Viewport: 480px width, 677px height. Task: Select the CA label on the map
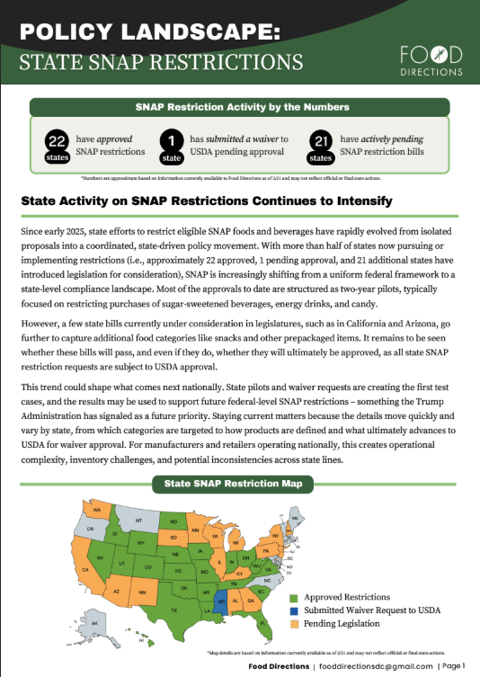coord(85,569)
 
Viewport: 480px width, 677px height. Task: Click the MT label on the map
coord(138,521)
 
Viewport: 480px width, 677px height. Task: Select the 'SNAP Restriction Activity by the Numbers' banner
coord(240,106)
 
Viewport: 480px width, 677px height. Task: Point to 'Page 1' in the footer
coord(450,666)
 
